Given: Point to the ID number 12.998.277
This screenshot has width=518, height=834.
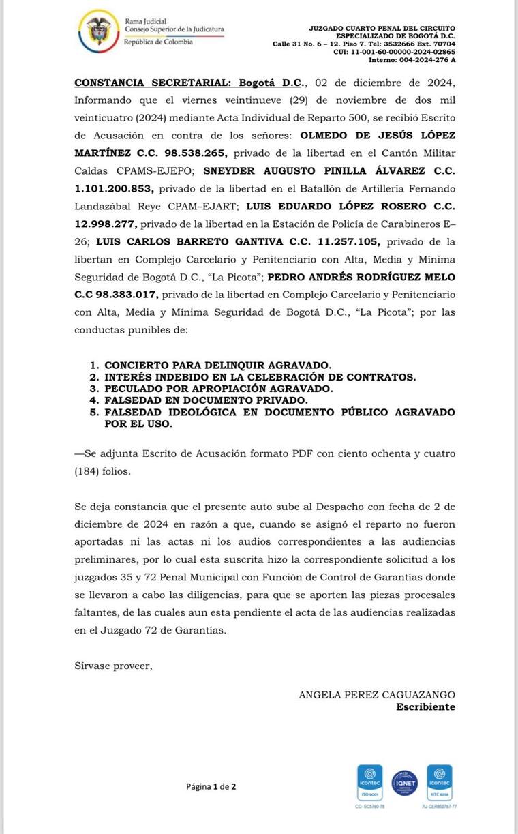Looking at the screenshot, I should tap(106, 224).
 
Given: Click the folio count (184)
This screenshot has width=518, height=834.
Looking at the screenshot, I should tap(88, 470).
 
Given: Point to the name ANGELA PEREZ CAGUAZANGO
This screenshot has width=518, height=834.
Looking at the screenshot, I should tap(377, 694).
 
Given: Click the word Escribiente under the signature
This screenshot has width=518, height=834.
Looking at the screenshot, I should tap(425, 706).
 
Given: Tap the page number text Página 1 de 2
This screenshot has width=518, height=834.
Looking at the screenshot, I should tap(211, 786).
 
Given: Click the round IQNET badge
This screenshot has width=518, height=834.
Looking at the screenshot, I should tap(405, 783).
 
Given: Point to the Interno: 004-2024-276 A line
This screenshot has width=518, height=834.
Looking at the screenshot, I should tap(412, 60).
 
